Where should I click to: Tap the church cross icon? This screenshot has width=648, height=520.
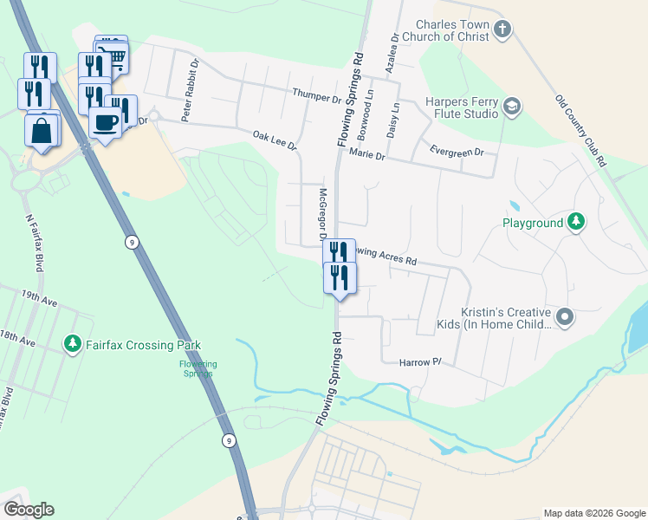[x=502, y=31]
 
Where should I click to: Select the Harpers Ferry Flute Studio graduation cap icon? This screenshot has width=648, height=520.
[x=512, y=107]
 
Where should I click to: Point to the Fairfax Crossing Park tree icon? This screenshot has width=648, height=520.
[x=73, y=344]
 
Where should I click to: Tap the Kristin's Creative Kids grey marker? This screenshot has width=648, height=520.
[x=565, y=317]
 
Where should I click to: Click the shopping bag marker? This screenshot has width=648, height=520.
[x=42, y=132]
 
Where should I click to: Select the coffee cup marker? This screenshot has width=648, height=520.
[x=105, y=123]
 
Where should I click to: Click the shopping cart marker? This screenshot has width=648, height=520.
[x=114, y=57]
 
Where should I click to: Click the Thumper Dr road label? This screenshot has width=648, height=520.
[x=316, y=96]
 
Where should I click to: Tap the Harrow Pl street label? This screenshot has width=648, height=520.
[x=421, y=362]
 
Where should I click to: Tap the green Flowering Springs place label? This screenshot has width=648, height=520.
[x=198, y=368]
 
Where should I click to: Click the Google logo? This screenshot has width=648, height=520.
[x=29, y=510]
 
